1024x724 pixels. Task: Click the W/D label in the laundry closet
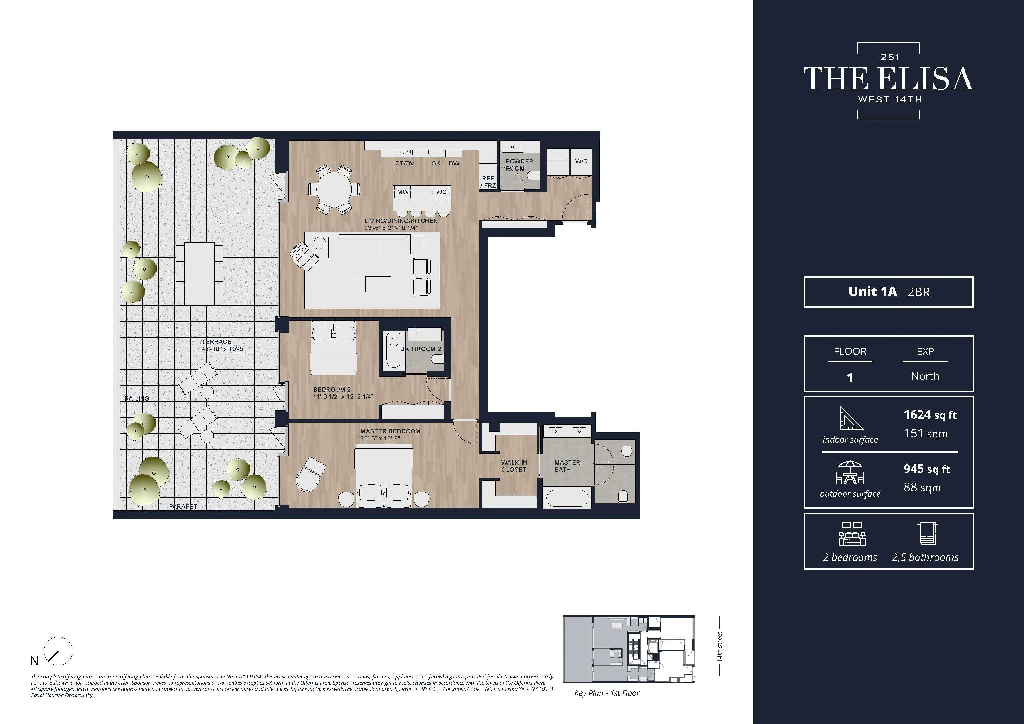(x=581, y=162)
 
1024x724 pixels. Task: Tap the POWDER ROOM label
(x=519, y=165)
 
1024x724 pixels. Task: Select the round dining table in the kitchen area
(x=334, y=189)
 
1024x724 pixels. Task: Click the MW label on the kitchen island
(x=403, y=192)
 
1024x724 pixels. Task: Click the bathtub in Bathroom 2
(x=394, y=350)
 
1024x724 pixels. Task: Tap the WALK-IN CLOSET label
(x=514, y=466)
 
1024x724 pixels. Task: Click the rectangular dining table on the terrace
(x=199, y=273)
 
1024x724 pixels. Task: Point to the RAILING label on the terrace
(x=137, y=398)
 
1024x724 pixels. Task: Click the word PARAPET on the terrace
(x=183, y=506)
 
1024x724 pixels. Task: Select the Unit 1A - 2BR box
(x=888, y=292)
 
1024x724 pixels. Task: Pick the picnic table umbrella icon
(x=850, y=472)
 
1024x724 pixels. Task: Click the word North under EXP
(x=925, y=376)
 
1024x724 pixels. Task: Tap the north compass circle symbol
(x=59, y=651)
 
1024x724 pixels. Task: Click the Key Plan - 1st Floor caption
(x=606, y=693)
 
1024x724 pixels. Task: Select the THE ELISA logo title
(x=888, y=80)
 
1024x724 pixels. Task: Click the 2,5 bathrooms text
(x=925, y=557)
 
